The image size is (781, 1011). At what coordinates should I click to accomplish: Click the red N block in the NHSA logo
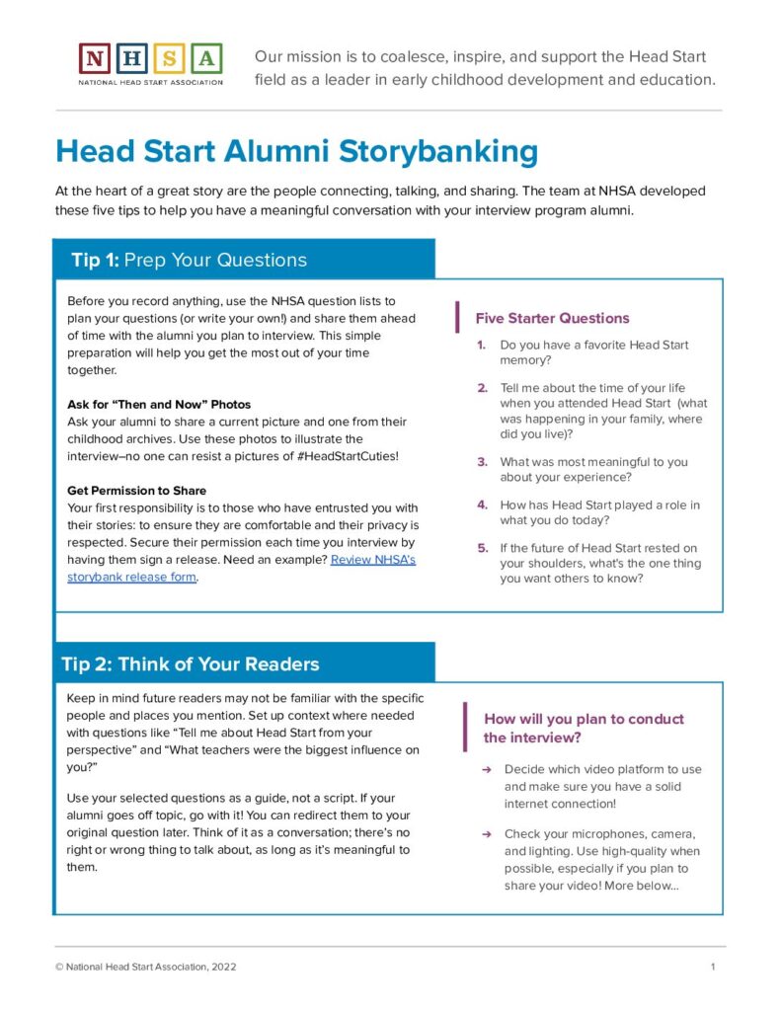pos(95,58)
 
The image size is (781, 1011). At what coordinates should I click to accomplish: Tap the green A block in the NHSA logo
pos(206,58)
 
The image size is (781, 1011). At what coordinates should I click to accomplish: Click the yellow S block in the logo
pos(170,58)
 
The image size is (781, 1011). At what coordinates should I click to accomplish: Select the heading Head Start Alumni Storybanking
pos(297,152)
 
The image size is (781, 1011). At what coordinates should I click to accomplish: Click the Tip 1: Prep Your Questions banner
pos(243,260)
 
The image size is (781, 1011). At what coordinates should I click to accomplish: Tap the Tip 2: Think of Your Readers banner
pos(243,663)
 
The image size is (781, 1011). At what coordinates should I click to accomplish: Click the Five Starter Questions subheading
pos(552,318)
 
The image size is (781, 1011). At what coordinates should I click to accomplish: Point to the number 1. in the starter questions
pos(481,346)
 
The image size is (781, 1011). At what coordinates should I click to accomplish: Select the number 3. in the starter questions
pos(482,462)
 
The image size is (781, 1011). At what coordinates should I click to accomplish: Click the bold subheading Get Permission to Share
pos(136,491)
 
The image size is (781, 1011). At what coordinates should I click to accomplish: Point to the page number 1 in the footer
pos(712,967)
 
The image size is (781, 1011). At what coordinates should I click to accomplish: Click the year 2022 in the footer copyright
pos(222,967)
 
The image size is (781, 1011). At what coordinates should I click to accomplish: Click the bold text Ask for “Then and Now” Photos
pos(159,405)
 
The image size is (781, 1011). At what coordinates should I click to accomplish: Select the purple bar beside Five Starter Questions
pos(457,318)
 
